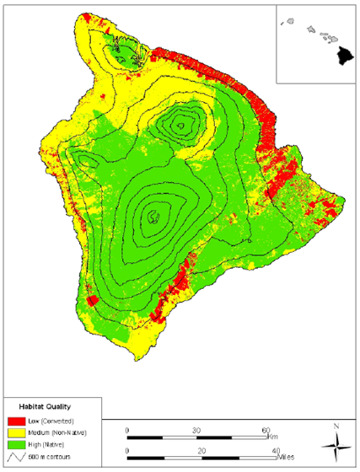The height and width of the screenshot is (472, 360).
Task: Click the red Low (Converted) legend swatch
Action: click(x=16, y=419)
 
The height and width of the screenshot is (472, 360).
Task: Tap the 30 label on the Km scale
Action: click(x=196, y=429)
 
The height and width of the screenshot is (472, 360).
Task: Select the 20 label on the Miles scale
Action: click(x=201, y=451)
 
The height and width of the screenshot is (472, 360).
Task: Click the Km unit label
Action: click(x=276, y=437)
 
